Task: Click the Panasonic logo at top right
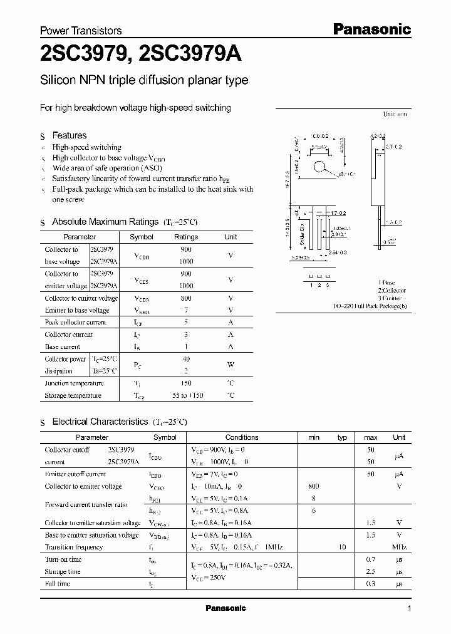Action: click(371, 29)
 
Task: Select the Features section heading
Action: click(69, 135)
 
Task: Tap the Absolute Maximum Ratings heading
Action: click(105, 222)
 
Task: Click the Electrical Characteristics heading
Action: click(100, 422)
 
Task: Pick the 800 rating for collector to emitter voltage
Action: click(186, 298)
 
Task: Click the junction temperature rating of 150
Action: click(186, 383)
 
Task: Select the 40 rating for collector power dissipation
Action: click(186, 359)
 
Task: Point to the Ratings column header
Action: click(186, 237)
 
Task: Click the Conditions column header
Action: click(242, 437)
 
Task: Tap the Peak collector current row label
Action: click(75, 323)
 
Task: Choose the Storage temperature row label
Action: click(73, 396)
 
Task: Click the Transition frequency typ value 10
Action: click(342, 548)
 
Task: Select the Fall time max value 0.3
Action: click(371, 584)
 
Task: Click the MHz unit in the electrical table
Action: click(399, 548)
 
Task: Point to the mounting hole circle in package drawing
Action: click(321, 167)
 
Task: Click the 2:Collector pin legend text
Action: click(391, 291)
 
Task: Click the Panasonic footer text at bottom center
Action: click(226, 608)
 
